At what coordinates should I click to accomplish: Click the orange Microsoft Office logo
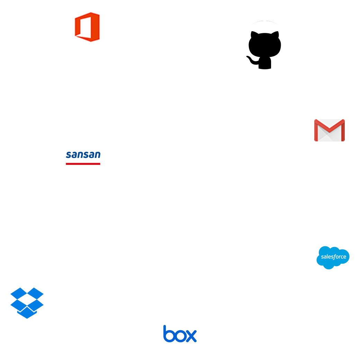click(x=87, y=27)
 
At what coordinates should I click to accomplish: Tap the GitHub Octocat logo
click(x=265, y=47)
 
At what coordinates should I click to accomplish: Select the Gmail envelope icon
click(x=329, y=130)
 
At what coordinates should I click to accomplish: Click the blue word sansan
click(x=83, y=155)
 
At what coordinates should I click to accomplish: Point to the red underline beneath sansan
click(x=83, y=164)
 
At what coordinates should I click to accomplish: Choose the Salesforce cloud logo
click(x=333, y=257)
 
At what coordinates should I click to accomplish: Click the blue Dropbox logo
click(x=27, y=302)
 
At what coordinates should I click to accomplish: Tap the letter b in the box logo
click(x=169, y=334)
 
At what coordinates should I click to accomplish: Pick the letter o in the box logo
click(x=180, y=336)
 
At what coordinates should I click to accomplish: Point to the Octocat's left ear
click(x=254, y=35)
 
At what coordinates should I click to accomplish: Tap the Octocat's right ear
click(x=276, y=35)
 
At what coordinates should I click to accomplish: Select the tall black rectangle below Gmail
click(x=331, y=193)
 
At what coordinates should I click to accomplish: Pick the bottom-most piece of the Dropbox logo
click(x=27, y=314)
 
